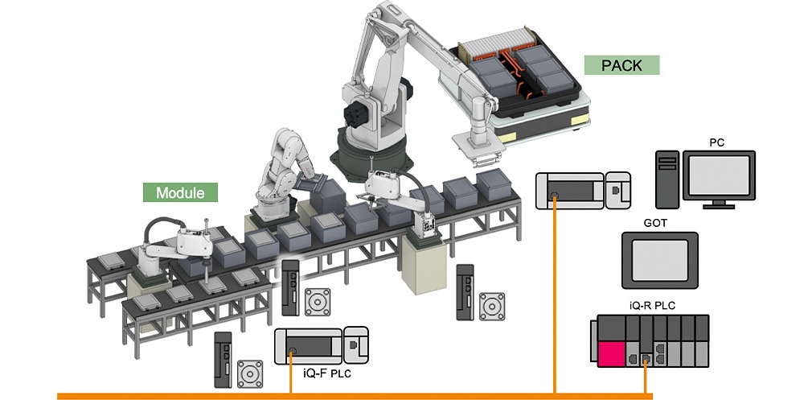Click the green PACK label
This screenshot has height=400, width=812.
pos(621,65)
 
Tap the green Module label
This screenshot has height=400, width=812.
pos(180,192)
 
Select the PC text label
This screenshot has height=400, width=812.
pos(716,143)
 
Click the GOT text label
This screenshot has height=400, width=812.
pos(655,223)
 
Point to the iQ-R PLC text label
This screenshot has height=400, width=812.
pos(652,306)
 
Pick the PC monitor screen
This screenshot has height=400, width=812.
pos(719,175)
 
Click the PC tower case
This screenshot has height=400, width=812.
pos(667,179)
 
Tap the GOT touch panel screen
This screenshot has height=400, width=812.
pos(660,260)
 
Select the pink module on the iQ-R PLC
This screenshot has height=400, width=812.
pos(611,354)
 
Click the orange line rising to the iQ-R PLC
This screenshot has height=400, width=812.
pos(646,376)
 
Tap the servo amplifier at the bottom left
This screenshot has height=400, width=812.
pos(223,360)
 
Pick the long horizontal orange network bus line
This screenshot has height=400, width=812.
pos(355,396)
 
